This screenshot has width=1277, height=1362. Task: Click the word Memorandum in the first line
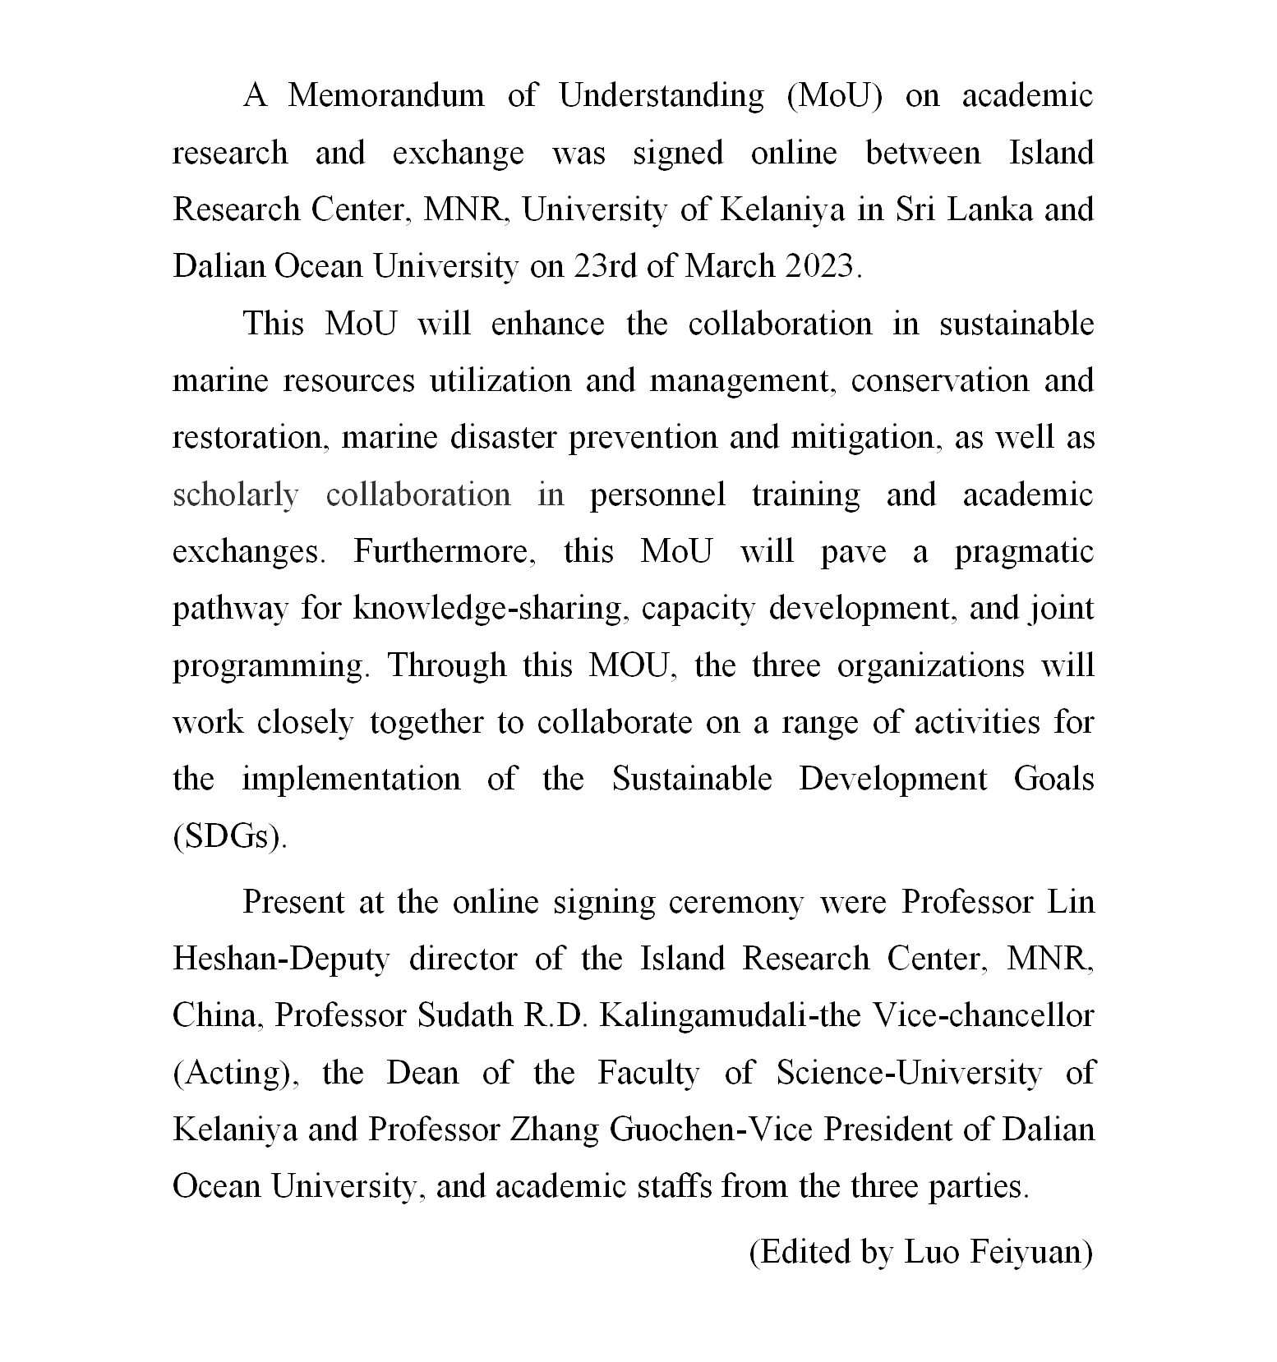tap(385, 96)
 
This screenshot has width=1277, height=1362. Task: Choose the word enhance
tap(547, 324)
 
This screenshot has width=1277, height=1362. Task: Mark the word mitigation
tap(865, 438)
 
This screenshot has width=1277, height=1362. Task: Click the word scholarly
tap(235, 495)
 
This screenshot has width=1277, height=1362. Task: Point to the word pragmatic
tap(1024, 552)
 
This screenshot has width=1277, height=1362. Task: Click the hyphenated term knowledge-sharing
tap(487, 609)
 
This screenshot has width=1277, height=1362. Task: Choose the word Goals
tap(1053, 779)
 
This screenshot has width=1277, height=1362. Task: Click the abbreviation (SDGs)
tap(230, 836)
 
